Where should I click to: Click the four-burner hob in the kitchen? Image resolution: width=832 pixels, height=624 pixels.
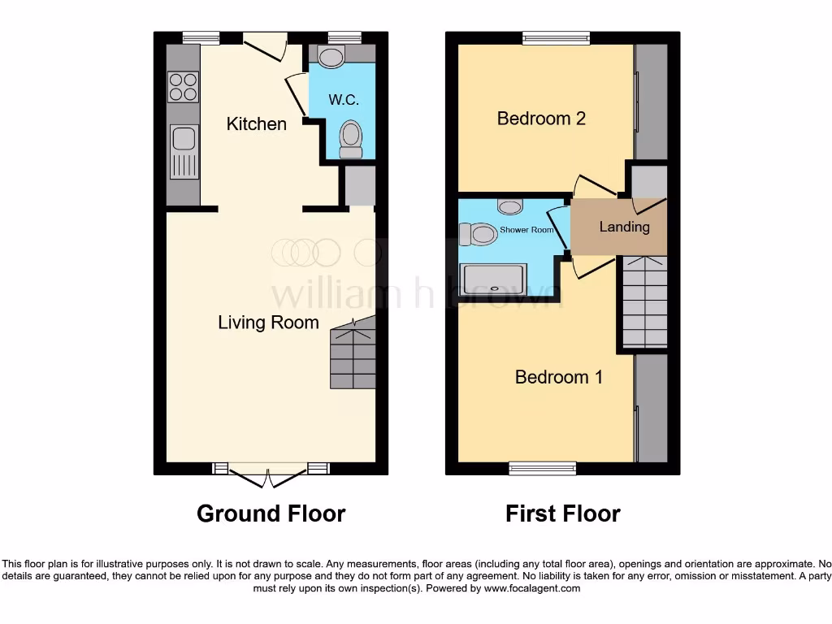click(x=183, y=86)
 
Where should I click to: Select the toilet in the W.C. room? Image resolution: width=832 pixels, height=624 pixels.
click(x=351, y=139)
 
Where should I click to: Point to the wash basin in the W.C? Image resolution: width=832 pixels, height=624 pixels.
click(x=331, y=56)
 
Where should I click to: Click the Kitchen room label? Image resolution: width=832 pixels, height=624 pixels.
click(x=256, y=124)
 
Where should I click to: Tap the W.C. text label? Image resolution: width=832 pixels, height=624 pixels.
click(x=343, y=100)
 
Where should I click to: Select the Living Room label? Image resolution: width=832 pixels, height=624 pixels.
click(x=268, y=323)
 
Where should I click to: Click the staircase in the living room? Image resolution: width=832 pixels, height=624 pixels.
click(x=353, y=355)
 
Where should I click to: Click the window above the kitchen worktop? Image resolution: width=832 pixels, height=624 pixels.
click(x=201, y=37)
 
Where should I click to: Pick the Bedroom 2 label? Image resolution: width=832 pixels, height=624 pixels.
click(x=541, y=119)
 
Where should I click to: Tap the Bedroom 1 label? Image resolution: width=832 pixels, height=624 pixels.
click(x=559, y=377)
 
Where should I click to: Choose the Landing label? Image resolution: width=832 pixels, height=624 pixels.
click(x=624, y=227)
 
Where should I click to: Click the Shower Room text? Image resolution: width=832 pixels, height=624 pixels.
click(x=526, y=230)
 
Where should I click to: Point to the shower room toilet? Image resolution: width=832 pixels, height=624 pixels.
click(x=479, y=235)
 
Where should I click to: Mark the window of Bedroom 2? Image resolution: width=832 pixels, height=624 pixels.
click(x=557, y=37)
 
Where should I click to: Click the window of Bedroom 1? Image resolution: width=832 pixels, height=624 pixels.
click(x=543, y=468)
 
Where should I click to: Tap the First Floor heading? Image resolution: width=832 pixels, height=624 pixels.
click(x=562, y=513)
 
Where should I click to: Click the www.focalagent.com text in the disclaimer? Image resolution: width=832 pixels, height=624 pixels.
click(x=532, y=588)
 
